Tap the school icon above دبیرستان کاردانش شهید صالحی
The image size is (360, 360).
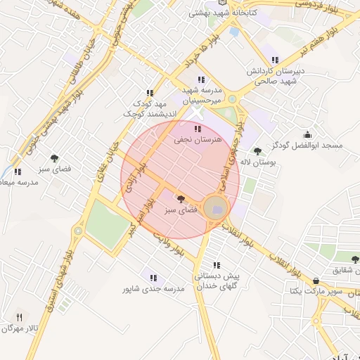point(274,60)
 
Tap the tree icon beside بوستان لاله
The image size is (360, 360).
point(257,150)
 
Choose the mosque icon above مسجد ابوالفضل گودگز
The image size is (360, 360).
point(307,134)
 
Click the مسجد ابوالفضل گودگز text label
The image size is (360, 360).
point(308,146)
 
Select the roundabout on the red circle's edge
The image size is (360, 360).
point(216,207)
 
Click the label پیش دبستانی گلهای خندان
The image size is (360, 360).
point(217,281)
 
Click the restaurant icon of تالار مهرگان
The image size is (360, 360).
point(19,318)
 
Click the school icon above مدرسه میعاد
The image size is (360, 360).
point(17,172)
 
